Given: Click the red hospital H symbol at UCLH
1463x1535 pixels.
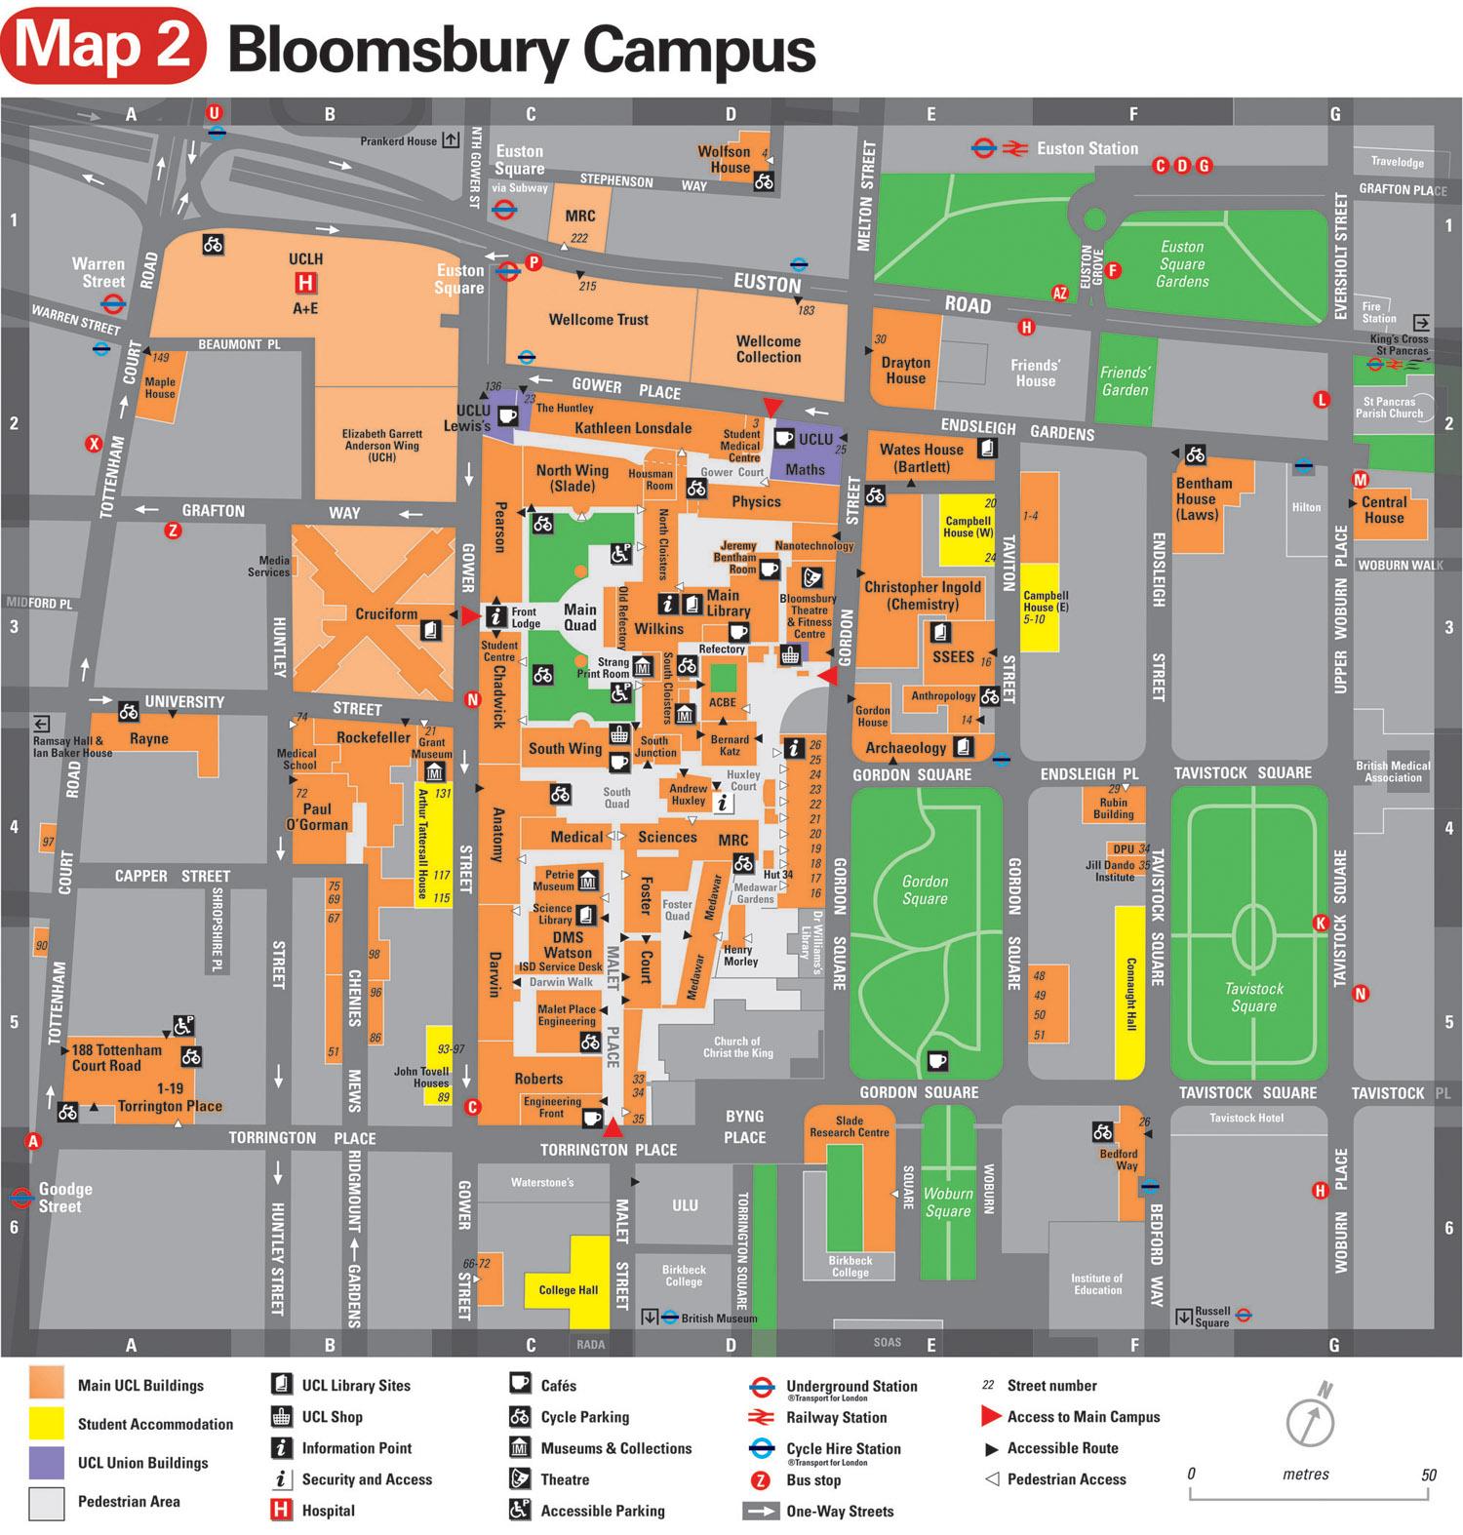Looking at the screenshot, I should tap(305, 283).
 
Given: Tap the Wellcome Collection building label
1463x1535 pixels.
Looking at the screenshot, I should tap(769, 349).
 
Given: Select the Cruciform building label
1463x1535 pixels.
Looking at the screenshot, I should tap(386, 614).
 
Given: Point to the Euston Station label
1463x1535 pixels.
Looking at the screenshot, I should tap(1087, 148).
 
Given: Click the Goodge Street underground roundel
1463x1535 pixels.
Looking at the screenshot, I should tap(20, 1197).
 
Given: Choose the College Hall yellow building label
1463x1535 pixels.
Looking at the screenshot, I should tap(569, 1289).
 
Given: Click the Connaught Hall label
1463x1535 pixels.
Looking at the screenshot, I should tap(1131, 995).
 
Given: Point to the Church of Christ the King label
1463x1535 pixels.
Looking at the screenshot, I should tap(737, 1046).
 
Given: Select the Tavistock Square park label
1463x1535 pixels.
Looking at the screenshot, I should tap(1253, 997).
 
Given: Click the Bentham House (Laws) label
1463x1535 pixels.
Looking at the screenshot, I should tap(1204, 498).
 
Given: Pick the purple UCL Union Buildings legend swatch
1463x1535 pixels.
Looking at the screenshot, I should tap(46, 1462).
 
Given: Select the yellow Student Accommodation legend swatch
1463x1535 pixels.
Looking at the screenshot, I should tap(46, 1424).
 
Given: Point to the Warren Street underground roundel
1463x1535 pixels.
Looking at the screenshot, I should tap(113, 303).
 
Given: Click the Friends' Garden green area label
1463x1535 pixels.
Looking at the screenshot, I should tap(1125, 381).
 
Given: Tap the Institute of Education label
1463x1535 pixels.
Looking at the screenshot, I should tap(1097, 1283).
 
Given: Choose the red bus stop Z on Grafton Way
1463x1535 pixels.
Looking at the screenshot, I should tap(173, 531).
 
